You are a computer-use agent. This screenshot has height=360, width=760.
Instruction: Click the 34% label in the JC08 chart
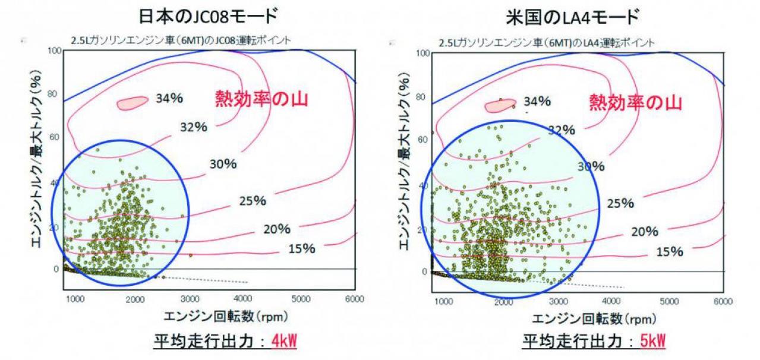coord(169,99)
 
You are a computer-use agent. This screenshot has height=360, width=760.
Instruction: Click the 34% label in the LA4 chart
coord(537,101)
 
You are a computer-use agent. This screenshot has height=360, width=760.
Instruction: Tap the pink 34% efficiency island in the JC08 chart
coord(132,102)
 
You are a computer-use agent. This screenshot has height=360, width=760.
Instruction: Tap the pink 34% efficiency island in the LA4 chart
coord(500,106)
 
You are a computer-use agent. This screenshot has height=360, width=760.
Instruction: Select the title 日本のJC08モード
coord(209,16)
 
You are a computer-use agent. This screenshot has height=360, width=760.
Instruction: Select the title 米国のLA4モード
coord(573,18)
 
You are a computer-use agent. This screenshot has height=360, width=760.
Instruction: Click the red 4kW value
coord(284,341)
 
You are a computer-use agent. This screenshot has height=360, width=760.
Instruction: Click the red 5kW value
coord(653,341)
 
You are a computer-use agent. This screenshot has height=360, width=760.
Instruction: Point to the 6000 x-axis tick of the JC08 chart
coord(355,299)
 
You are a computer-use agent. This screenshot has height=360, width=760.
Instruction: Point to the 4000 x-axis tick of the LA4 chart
coord(611,301)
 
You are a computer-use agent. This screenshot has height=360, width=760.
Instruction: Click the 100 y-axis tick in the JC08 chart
coord(54,51)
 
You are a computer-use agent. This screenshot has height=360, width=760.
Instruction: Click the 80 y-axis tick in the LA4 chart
coord(420,97)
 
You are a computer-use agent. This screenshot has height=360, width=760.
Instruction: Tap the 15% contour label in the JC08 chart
coord(302,249)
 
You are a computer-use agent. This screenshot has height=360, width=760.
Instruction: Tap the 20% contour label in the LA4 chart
coord(645,232)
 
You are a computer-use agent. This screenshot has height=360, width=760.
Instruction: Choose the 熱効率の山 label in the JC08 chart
coord(261,99)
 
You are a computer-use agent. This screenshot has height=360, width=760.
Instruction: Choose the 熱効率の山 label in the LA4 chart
coord(635,102)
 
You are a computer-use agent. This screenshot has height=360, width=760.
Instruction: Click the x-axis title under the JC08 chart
coord(226,317)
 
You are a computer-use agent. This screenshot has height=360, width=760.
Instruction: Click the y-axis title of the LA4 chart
coord(403,162)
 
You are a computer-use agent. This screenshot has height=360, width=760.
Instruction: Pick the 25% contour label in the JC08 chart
coord(253,201)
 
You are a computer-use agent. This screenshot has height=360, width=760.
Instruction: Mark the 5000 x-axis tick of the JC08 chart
coord(301,299)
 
